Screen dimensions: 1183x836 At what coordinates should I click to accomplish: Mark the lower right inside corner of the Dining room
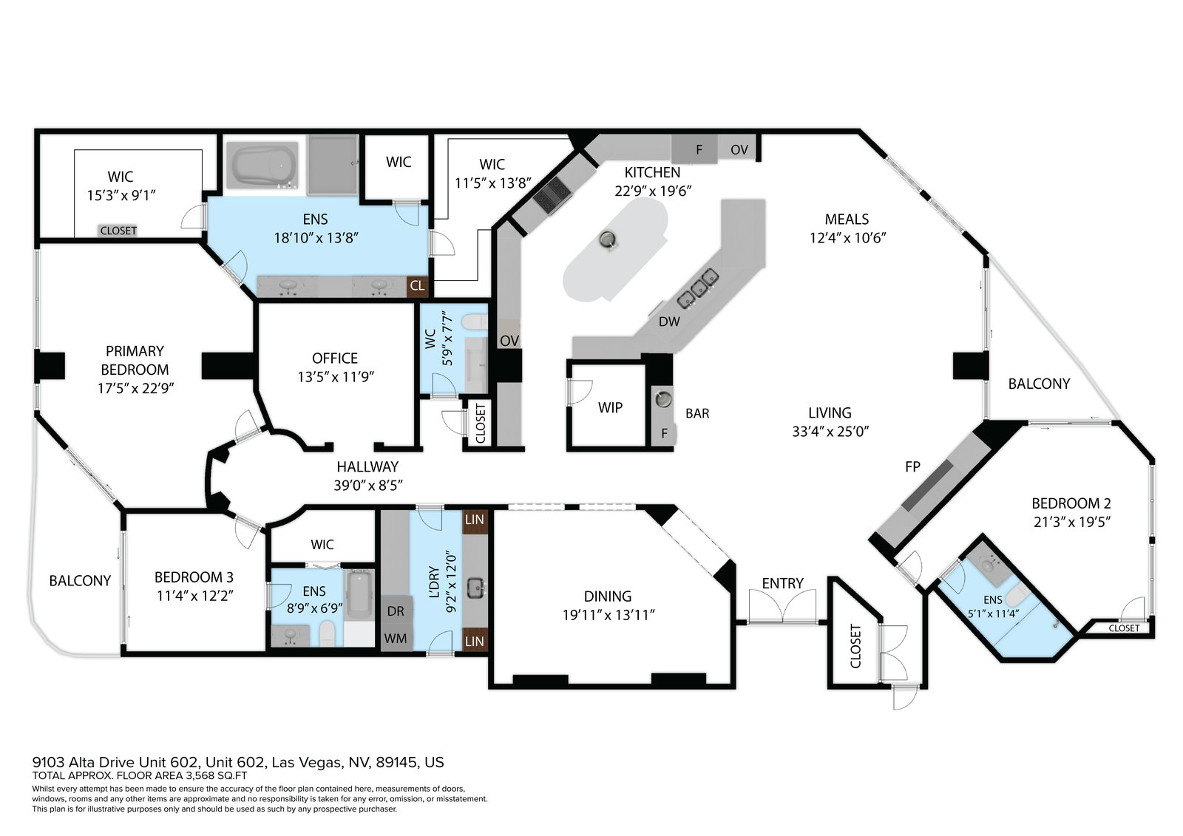pos(731,684)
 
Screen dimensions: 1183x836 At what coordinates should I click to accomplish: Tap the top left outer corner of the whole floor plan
pos(34,129)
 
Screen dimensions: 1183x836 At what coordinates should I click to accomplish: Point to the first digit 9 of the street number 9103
pos(36,762)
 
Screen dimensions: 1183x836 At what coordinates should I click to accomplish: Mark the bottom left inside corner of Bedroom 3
pos(128,651)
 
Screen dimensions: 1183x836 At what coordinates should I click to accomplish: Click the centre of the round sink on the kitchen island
pos(607,239)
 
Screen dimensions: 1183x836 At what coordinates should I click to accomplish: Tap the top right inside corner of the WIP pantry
pos(645,365)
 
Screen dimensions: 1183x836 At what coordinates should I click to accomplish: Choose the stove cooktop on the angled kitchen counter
pos(552,195)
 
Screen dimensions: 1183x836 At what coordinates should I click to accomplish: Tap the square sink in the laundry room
pos(477,587)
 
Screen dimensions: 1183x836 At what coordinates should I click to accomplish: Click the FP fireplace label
pos(912,467)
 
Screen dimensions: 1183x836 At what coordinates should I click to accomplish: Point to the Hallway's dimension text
pos(368,486)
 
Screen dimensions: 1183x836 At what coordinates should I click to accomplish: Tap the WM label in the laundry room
pos(396,639)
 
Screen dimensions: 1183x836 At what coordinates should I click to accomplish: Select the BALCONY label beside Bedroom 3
pos(81,581)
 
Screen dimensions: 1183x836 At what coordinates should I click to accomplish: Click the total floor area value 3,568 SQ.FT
pos(216,776)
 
